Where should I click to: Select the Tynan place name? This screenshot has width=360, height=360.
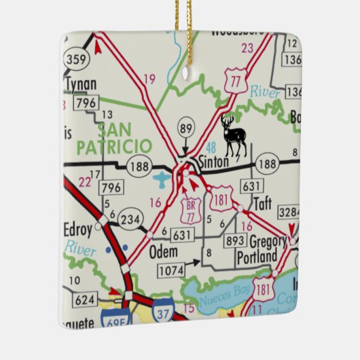point(80,84)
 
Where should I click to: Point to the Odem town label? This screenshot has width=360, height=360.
point(163,251)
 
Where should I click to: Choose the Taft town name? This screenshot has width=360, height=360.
point(262,202)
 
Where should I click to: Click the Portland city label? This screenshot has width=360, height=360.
point(257,257)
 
